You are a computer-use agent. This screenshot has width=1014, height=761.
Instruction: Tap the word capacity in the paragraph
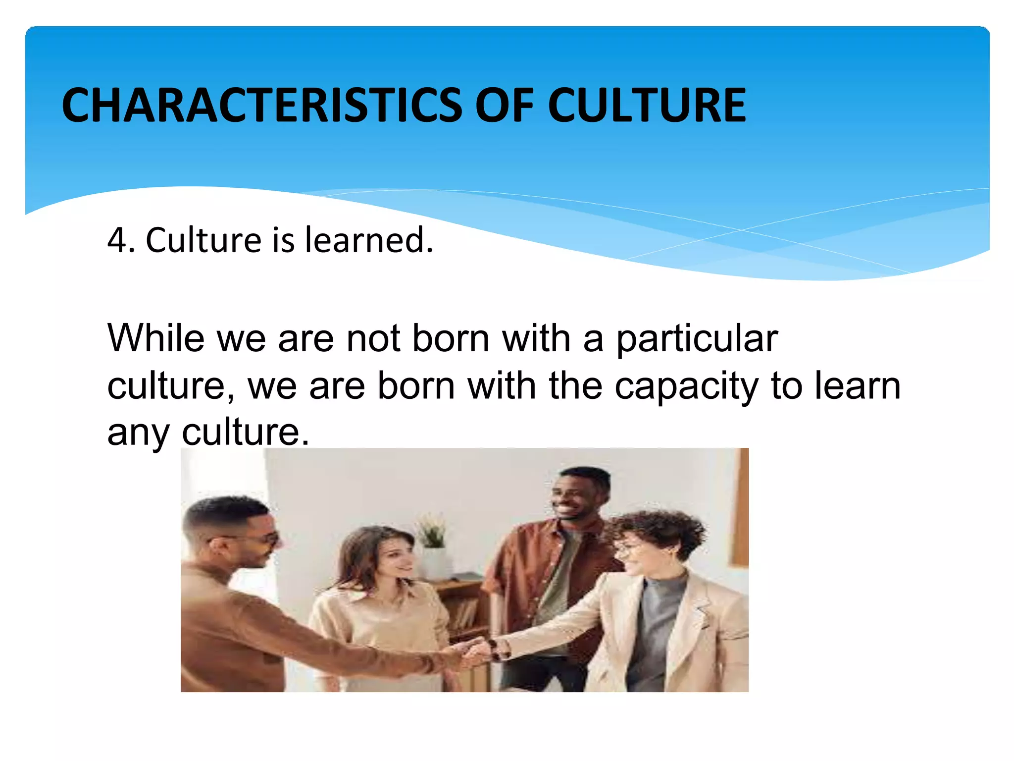686,387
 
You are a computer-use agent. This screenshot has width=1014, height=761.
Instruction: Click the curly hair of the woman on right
659,530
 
